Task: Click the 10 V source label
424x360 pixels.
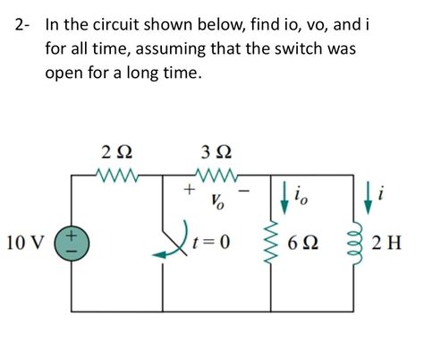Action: coord(28,242)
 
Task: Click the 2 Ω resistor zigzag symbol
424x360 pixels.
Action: coord(117,170)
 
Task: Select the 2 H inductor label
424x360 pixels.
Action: coord(394,243)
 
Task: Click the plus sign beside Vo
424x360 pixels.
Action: coord(188,190)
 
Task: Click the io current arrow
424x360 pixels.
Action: coord(285,199)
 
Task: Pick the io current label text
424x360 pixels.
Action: coord(302,199)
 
